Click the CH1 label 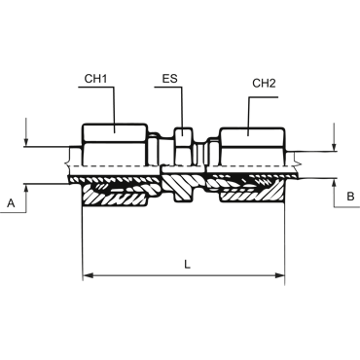(x=95, y=79)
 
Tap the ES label (x=170, y=79)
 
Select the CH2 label (x=264, y=84)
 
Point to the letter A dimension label (x=11, y=203)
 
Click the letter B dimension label (x=350, y=197)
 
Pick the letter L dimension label (x=187, y=265)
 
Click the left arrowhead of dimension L (x=89, y=275)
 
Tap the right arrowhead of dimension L (x=280, y=275)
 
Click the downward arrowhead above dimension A (x=26, y=143)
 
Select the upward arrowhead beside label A (x=26, y=189)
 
